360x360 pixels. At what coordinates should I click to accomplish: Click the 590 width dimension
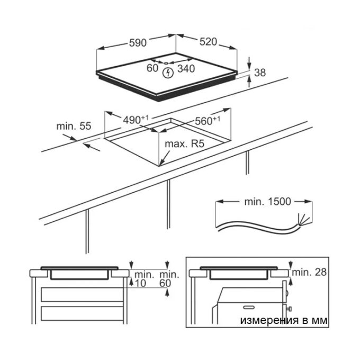click(138, 43)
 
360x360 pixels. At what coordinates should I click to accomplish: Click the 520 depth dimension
click(208, 42)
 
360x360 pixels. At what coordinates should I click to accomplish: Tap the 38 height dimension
click(260, 73)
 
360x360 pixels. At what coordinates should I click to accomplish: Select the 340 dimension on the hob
click(186, 69)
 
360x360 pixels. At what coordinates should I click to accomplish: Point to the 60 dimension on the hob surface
click(152, 68)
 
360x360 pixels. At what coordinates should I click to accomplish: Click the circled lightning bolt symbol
click(169, 73)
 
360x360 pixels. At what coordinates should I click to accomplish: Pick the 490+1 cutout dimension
click(136, 120)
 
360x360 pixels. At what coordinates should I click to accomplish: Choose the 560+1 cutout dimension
click(208, 121)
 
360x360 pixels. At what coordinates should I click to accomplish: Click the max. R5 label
click(184, 144)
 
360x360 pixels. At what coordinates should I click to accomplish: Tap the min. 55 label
click(74, 126)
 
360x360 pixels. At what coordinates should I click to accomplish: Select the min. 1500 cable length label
click(268, 202)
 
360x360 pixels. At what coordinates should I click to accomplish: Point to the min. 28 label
click(309, 272)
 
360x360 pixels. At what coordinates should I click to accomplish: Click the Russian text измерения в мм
click(284, 320)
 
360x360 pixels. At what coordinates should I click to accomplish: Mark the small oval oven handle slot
click(249, 307)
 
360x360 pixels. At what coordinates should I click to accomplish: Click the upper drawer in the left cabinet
click(82, 294)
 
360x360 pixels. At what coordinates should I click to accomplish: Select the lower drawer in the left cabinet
click(82, 313)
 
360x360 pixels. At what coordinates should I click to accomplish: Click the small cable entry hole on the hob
click(166, 63)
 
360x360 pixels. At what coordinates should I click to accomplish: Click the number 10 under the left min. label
click(140, 284)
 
